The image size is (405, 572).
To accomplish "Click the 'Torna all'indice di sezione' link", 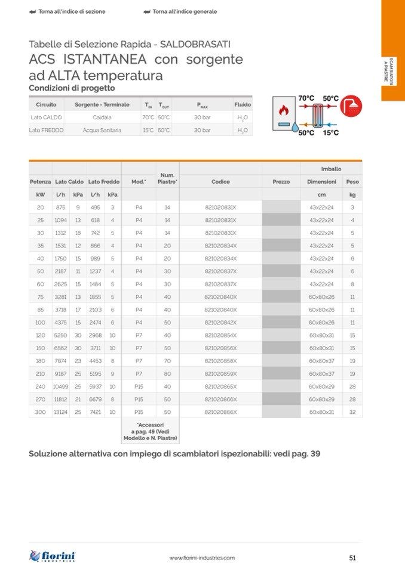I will [x=68, y=12].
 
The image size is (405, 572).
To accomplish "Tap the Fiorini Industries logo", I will [x=53, y=556].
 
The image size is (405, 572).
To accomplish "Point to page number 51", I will [x=352, y=558].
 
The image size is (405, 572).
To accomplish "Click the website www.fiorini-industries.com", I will [x=202, y=558].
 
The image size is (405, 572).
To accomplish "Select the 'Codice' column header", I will [x=220, y=181].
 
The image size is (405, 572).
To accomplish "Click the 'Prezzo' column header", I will [x=281, y=181].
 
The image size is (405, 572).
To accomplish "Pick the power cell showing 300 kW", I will [x=41, y=412].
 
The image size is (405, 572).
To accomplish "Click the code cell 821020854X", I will [x=220, y=335].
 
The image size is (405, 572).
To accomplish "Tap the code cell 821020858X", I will [x=220, y=361].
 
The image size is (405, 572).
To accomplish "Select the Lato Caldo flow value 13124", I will [x=61, y=412].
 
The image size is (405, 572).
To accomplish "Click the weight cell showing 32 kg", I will [x=352, y=412].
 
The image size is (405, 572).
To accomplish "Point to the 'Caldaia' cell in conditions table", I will [x=102, y=118].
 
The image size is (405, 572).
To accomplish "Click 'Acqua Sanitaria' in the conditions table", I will [x=102, y=130].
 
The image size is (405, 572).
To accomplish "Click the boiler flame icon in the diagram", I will [x=284, y=110].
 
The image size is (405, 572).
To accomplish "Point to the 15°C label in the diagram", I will [x=330, y=133].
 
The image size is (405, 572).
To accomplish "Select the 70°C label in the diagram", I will [x=306, y=98].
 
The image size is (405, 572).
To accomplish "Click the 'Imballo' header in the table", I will [x=332, y=169].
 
